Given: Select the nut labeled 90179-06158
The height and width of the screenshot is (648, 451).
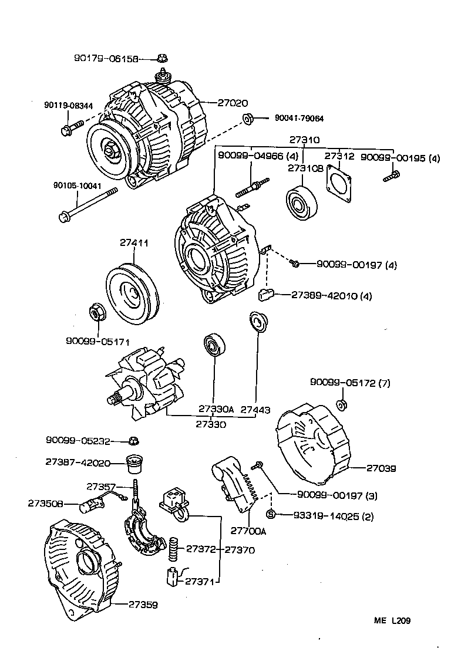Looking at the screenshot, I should pyautogui.click(x=163, y=58).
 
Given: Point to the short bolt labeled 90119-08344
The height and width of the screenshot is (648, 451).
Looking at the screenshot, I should pyautogui.click(x=67, y=129).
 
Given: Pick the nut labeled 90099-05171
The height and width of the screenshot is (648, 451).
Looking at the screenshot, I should pyautogui.click(x=95, y=312).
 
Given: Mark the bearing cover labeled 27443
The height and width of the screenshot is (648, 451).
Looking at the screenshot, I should pyautogui.click(x=257, y=321).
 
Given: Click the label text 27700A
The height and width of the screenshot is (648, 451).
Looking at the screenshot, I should pyautogui.click(x=248, y=531).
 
